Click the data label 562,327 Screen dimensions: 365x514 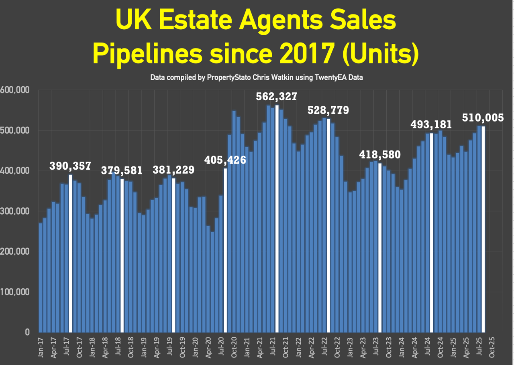[277, 97]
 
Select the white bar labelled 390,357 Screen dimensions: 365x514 [71, 253]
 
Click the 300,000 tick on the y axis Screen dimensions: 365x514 [15, 211]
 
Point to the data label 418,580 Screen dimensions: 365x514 [380, 154]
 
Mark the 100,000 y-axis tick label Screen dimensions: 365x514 [15, 292]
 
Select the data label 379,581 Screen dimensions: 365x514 [121, 170]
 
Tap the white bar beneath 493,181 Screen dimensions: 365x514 [432, 233]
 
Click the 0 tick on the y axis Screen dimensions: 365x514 [27, 332]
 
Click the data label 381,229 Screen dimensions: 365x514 [173, 170]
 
